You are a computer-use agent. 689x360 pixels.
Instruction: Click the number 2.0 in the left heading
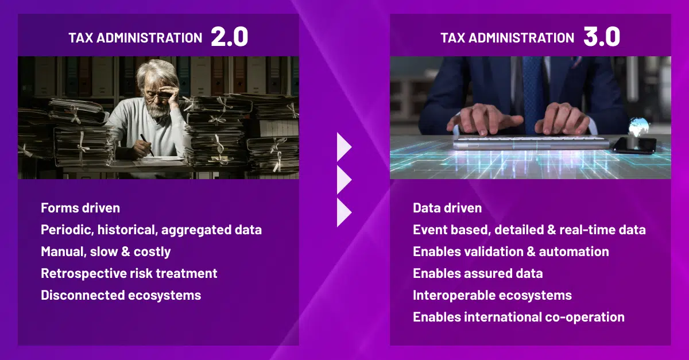point(229,37)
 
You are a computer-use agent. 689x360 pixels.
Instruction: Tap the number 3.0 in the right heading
point(601,37)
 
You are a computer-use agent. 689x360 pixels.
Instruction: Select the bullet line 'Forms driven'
point(80,208)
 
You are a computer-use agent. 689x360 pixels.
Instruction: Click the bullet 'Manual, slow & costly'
point(106,251)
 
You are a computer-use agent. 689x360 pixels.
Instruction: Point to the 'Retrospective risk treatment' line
point(129,273)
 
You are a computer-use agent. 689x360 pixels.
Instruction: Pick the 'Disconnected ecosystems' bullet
point(121,295)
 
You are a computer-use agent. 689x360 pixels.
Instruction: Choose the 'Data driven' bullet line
point(447,208)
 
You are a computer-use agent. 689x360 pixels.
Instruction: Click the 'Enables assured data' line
point(478,273)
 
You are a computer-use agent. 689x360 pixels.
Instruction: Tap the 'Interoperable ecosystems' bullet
point(492,295)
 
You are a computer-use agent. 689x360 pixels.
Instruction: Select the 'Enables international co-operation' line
point(518,317)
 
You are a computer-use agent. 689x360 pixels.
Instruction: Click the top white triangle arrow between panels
point(343,147)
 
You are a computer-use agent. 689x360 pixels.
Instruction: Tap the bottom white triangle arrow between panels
point(343,212)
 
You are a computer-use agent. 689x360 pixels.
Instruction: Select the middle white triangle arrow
point(343,180)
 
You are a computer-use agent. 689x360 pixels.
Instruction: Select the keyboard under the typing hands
point(531,141)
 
